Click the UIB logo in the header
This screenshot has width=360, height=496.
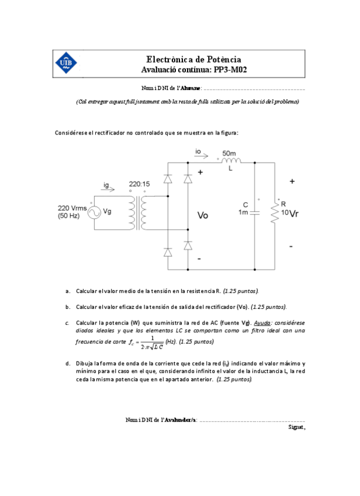coord(65,63)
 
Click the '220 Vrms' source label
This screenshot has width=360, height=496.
coord(72,208)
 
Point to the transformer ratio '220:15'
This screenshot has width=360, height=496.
coord(139,184)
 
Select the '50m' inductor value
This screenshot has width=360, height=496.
coord(230,153)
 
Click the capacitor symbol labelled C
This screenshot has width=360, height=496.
coord(254,212)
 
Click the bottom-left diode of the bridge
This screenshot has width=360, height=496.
coord(168,252)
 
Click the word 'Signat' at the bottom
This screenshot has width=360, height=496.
coord(296,426)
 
